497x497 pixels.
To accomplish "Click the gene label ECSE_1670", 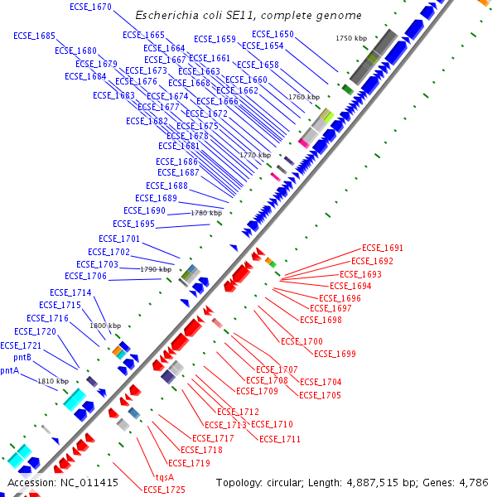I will pyautogui.click(x=91, y=7).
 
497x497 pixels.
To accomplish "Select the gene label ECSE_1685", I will pyautogui.click(x=35, y=36).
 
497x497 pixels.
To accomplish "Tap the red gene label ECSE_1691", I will pyautogui.click(x=383, y=248).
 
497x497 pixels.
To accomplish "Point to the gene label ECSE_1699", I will pyautogui.click(x=335, y=354).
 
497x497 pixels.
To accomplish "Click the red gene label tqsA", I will pyautogui.click(x=165, y=477).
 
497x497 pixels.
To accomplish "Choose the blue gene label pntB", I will pyautogui.click(x=22, y=358).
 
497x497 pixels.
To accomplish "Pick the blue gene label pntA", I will pyautogui.click(x=9, y=370).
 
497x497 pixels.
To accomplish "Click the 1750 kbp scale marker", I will pyautogui.click(x=350, y=39).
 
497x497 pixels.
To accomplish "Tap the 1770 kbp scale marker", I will pyautogui.click(x=255, y=155).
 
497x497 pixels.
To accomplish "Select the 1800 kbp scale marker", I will pyautogui.click(x=105, y=326).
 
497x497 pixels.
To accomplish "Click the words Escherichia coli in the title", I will pyautogui.click(x=176, y=16).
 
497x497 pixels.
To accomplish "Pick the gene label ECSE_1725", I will pyautogui.click(x=164, y=490).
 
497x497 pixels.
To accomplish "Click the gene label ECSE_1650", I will pyautogui.click(x=273, y=35).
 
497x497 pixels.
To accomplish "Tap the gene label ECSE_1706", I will pyautogui.click(x=86, y=276).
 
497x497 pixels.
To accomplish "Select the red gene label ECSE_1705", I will pyautogui.click(x=320, y=395).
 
